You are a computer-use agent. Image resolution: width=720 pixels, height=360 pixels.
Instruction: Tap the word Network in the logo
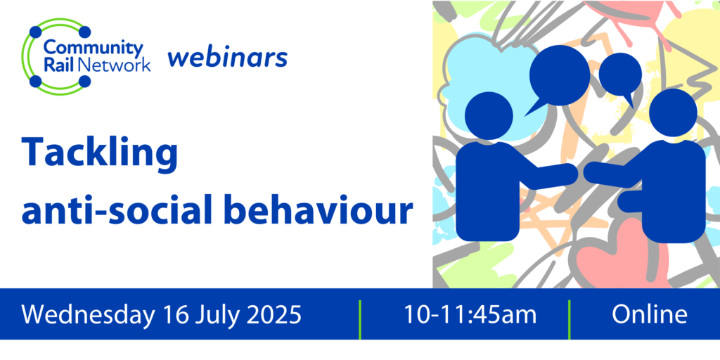click(x=115, y=65)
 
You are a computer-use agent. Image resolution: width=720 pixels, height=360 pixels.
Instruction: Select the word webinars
click(x=227, y=58)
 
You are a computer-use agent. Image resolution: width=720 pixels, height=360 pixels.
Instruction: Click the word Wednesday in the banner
click(x=87, y=315)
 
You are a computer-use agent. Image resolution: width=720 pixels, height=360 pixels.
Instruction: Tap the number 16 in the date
click(x=174, y=314)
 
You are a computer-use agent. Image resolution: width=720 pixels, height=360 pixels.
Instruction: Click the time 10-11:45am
click(x=470, y=314)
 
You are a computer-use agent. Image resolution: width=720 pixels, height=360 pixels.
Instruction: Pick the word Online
click(x=649, y=314)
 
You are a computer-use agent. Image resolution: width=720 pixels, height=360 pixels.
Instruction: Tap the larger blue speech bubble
click(x=558, y=78)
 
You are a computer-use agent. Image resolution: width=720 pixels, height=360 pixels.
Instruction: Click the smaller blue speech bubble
click(x=620, y=77)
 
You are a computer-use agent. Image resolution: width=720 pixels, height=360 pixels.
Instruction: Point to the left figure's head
click(x=489, y=116)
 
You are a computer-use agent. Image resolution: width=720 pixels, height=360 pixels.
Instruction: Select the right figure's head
click(x=673, y=113)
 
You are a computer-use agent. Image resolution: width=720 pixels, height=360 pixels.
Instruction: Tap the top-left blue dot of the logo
click(x=35, y=32)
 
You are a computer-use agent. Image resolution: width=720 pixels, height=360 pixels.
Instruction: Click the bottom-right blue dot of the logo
click(x=84, y=82)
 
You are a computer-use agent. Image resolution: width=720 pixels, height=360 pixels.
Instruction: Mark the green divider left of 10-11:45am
click(x=360, y=320)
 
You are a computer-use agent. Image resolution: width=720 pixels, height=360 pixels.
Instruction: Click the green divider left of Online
click(x=570, y=320)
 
